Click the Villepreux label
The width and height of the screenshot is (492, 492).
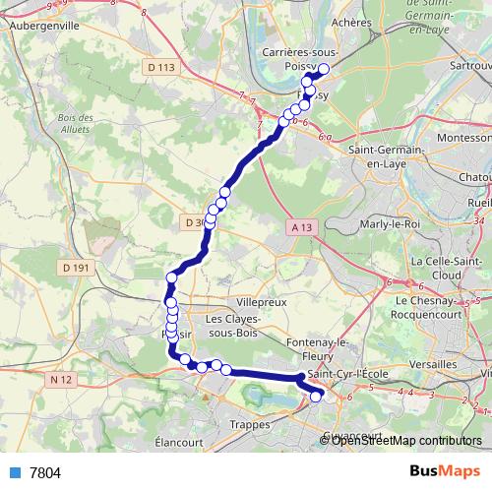[263, 302]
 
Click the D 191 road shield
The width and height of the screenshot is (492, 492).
[75, 267]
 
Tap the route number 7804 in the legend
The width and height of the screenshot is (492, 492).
[44, 473]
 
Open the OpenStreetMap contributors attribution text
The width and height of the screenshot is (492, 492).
[406, 441]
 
